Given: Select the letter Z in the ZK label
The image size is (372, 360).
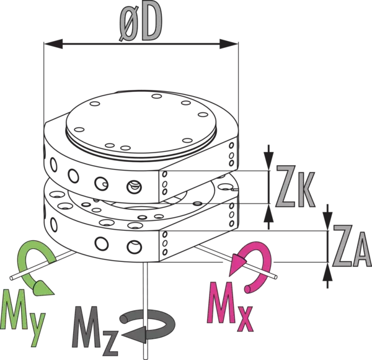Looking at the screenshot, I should tap(290, 187).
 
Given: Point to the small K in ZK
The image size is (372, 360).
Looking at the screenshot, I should tap(309, 193).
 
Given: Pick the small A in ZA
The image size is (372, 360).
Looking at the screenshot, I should tap(362, 254).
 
